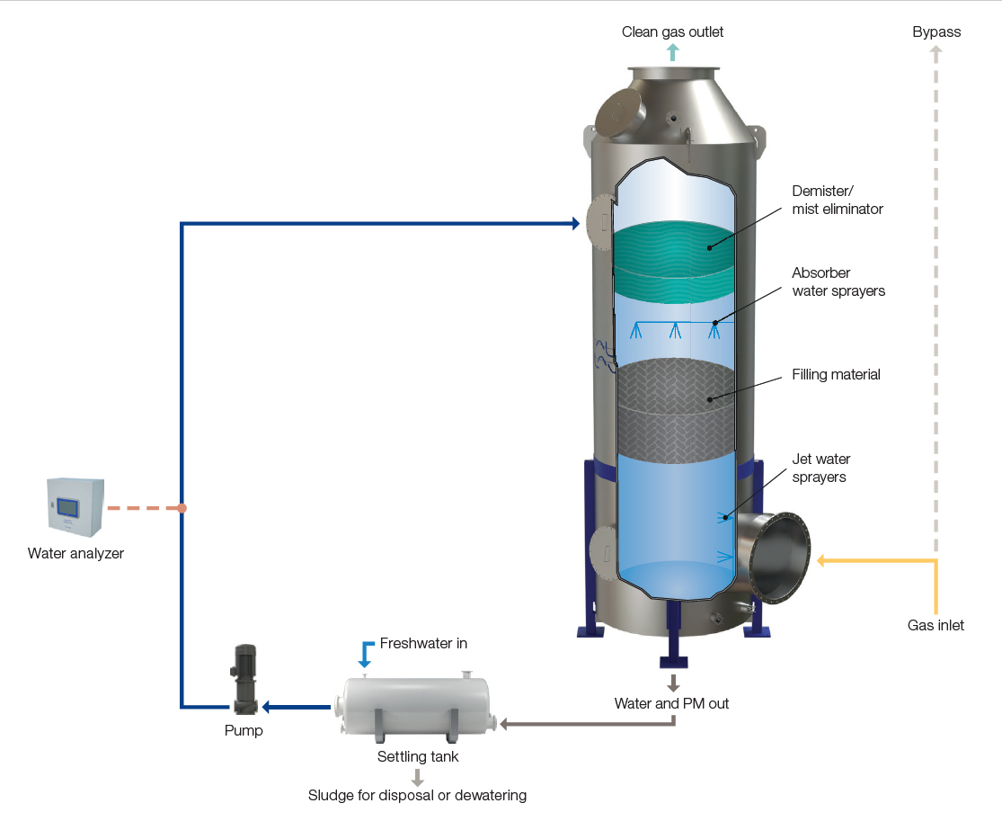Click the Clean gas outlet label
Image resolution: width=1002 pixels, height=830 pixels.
pyautogui.click(x=672, y=32)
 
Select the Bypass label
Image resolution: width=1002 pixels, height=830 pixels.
pyautogui.click(x=936, y=32)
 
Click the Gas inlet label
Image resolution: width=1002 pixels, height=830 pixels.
pyautogui.click(x=935, y=625)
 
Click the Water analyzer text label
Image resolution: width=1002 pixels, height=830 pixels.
pyautogui.click(x=75, y=554)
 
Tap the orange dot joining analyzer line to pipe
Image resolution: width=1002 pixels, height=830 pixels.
pyautogui.click(x=182, y=508)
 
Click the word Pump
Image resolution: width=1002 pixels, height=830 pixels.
pyautogui.click(x=244, y=731)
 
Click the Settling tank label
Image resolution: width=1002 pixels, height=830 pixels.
pyautogui.click(x=418, y=757)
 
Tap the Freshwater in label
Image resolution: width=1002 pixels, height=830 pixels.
pyautogui.click(x=423, y=644)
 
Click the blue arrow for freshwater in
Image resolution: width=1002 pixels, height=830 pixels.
pyautogui.click(x=365, y=654)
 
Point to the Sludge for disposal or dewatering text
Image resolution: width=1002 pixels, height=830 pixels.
pyautogui.click(x=417, y=796)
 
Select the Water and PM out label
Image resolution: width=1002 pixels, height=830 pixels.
pyautogui.click(x=671, y=703)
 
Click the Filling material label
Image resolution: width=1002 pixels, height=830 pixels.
pyautogui.click(x=836, y=374)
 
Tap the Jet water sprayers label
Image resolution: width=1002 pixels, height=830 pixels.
pyautogui.click(x=820, y=469)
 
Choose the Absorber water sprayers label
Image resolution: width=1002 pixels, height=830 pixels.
pyautogui.click(x=838, y=281)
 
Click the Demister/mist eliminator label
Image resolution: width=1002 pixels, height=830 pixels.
pyautogui.click(x=838, y=201)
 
